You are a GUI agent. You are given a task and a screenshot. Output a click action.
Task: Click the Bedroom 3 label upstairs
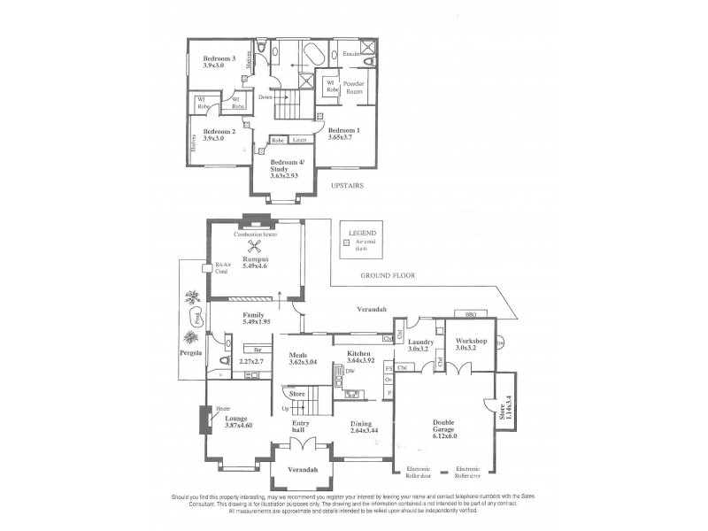click(x=206, y=58)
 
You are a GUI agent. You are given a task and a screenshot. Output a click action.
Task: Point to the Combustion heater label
click(x=256, y=234)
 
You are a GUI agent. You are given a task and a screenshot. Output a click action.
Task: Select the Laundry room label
click(x=420, y=341)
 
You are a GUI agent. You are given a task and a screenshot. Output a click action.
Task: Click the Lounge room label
click(x=235, y=418)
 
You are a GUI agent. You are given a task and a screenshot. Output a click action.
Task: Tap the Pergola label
click(x=191, y=352)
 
